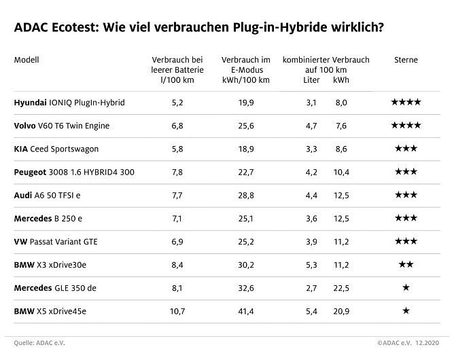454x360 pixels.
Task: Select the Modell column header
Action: (x=27, y=60)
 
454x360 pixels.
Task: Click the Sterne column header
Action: (x=406, y=60)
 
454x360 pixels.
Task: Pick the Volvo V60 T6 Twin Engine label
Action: (x=61, y=126)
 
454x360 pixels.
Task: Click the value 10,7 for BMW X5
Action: (x=177, y=311)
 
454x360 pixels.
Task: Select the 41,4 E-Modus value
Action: (x=247, y=311)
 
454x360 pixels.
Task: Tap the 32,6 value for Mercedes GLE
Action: (x=247, y=288)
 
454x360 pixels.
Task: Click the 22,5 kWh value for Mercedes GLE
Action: (x=341, y=288)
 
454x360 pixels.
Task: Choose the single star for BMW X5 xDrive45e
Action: (x=406, y=311)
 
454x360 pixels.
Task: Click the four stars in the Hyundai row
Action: (x=406, y=103)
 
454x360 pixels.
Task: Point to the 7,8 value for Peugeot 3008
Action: (x=177, y=173)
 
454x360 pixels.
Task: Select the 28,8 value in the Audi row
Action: (x=247, y=196)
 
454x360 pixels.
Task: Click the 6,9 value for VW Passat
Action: (x=177, y=242)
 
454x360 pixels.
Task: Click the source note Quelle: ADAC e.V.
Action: (x=40, y=343)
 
